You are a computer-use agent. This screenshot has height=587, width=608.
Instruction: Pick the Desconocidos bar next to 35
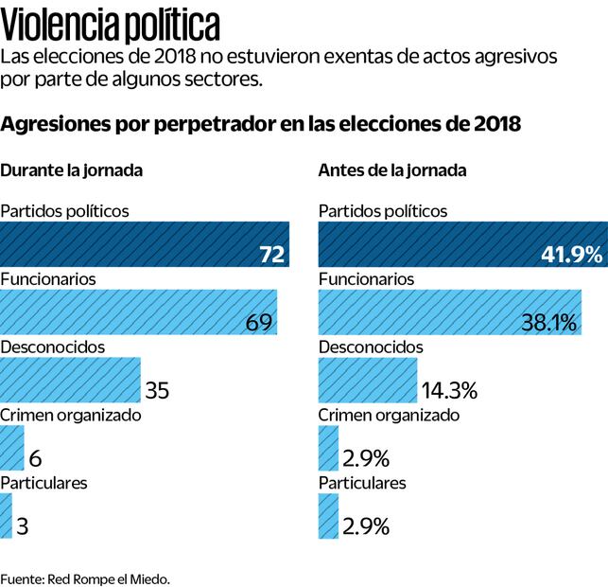pyautogui.click(x=70, y=381)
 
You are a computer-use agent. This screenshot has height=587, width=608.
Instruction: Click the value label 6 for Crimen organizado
pyautogui.click(x=36, y=458)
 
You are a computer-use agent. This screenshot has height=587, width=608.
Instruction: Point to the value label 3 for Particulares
pyautogui.click(x=23, y=526)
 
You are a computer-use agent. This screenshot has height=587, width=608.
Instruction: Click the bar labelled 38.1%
pyautogui.click(x=450, y=312)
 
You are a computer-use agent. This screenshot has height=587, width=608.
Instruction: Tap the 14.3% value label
pyautogui.click(x=449, y=389)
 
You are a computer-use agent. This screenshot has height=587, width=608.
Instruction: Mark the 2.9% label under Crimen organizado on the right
pyautogui.click(x=366, y=458)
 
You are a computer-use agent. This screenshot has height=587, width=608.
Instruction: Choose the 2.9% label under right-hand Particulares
pyautogui.click(x=366, y=526)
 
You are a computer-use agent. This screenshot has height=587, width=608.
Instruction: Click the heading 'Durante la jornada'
pyautogui.click(x=72, y=171)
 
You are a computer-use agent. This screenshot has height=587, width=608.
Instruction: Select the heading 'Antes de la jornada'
pyautogui.click(x=392, y=171)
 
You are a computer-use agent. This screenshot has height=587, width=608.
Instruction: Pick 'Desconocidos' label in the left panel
pyautogui.click(x=52, y=347)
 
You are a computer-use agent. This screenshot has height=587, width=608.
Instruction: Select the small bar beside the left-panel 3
pyautogui.click(x=6, y=517)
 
